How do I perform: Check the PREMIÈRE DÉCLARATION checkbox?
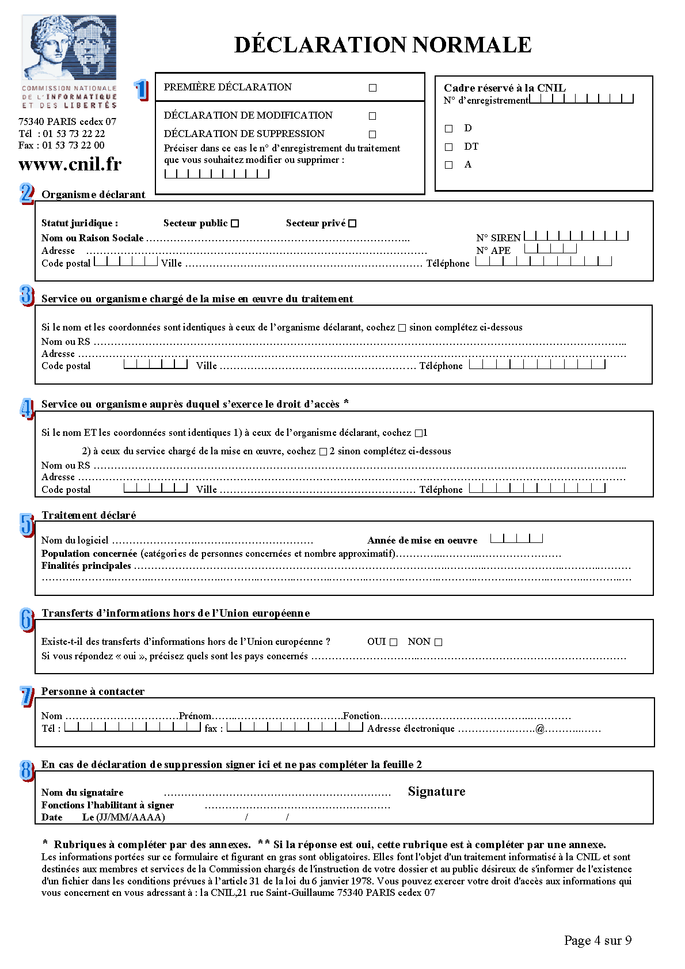click(x=372, y=88)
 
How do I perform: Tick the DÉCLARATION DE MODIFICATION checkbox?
click(x=372, y=116)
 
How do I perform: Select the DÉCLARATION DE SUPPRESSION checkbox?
click(x=372, y=134)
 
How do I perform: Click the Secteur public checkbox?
click(x=235, y=223)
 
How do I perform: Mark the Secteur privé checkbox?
click(x=353, y=223)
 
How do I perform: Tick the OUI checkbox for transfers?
click(x=394, y=643)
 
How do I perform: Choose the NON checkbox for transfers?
click(x=439, y=643)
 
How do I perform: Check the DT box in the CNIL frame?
click(x=449, y=147)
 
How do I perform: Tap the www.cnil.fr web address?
click(x=70, y=165)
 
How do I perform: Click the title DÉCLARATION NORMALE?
click(x=383, y=45)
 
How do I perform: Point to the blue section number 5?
click(x=26, y=525)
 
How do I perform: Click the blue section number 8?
click(x=26, y=770)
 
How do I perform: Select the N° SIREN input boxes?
click(x=576, y=236)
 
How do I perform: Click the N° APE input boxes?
click(x=550, y=249)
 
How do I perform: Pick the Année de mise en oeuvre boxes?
click(x=516, y=539)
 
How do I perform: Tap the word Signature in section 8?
click(x=436, y=792)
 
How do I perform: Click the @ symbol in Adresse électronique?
click(x=540, y=729)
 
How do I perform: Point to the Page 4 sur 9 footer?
click(x=598, y=941)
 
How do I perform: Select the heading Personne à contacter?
click(x=93, y=691)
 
